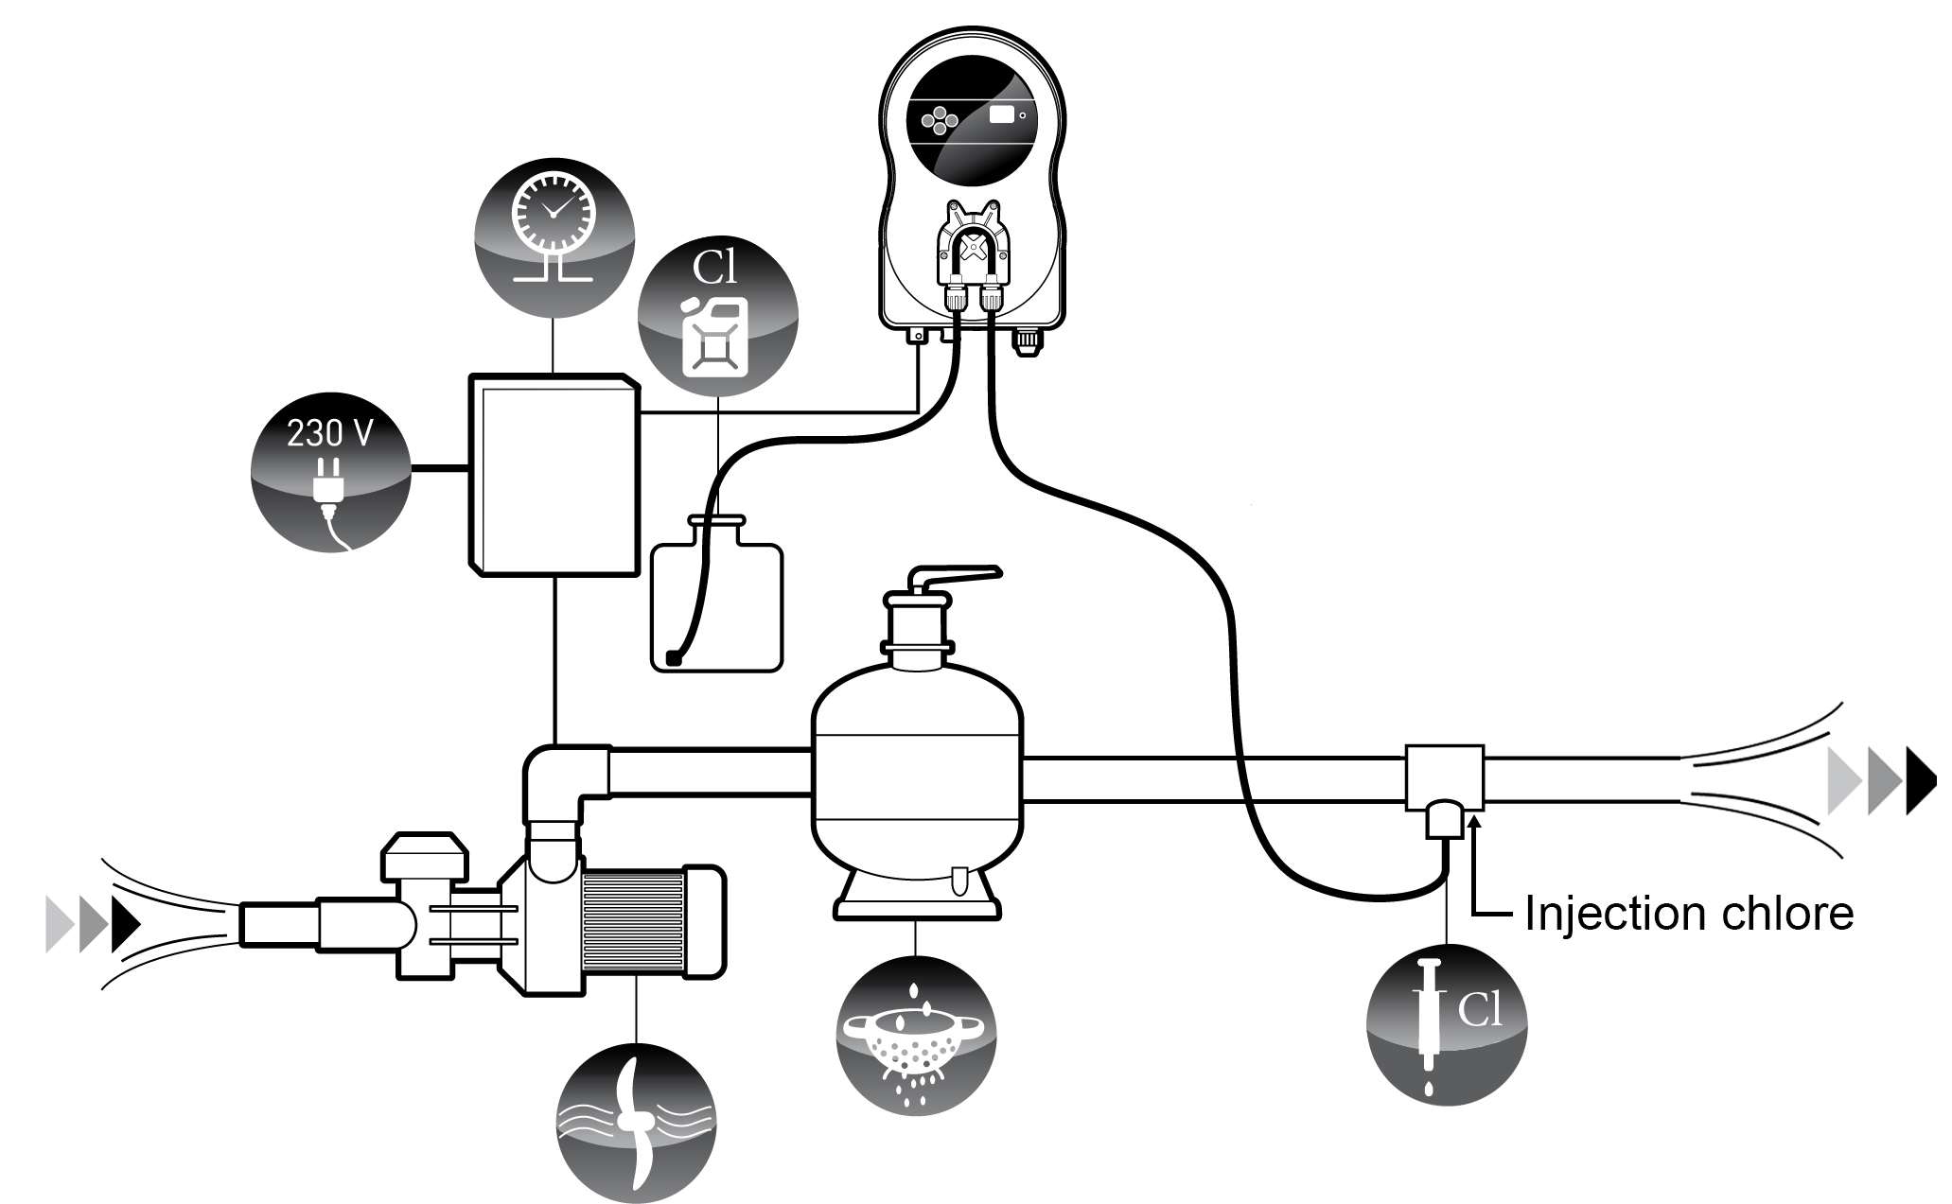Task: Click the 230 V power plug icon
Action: [330, 473]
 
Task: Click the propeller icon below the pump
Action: [636, 1122]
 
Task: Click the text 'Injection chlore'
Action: [1688, 914]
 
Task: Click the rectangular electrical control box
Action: [554, 473]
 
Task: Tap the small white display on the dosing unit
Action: [1001, 115]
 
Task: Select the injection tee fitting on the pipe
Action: [1443, 780]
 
